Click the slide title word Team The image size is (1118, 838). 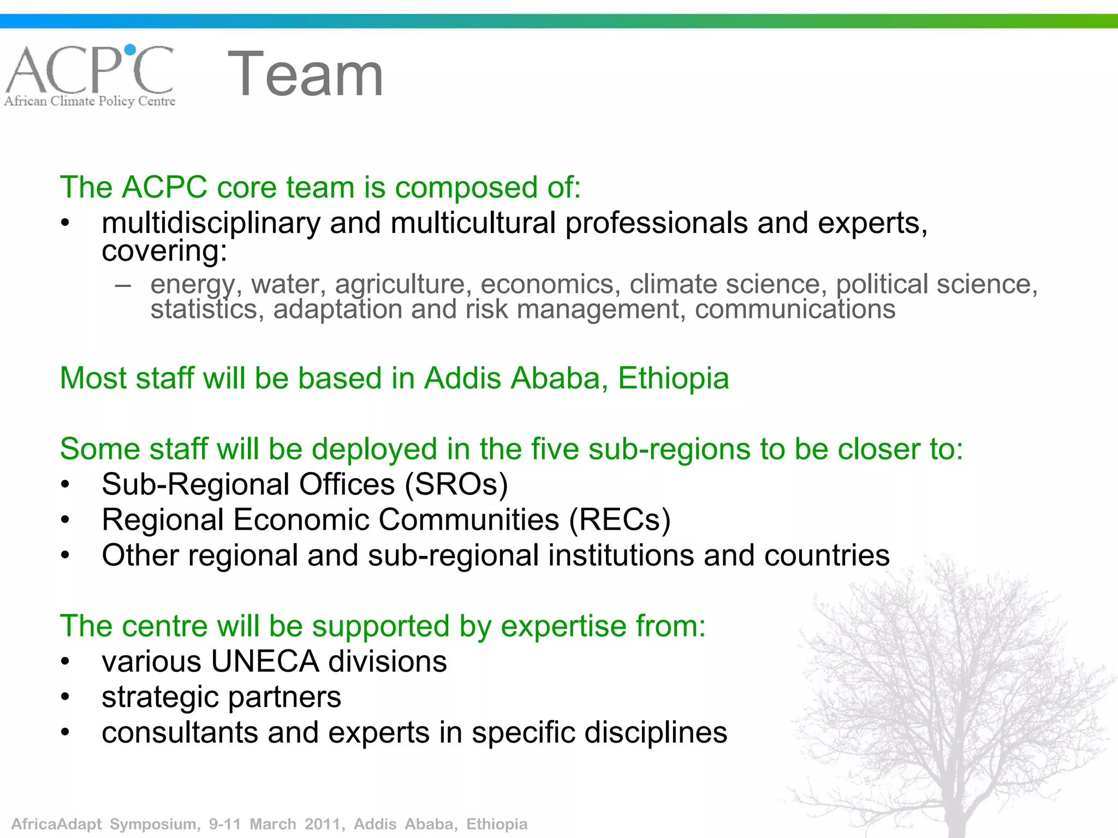[x=305, y=74]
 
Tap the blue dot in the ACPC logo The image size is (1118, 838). [x=130, y=50]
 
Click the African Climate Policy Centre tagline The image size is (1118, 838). [x=90, y=101]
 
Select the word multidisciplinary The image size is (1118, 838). [x=211, y=224]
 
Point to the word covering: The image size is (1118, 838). [x=164, y=252]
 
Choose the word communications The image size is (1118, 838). [x=795, y=309]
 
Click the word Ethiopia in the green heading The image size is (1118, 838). [x=673, y=378]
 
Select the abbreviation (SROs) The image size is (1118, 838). [x=456, y=484]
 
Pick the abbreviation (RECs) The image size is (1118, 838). [x=620, y=520]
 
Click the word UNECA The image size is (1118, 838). [x=265, y=662]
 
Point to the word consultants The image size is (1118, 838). [x=180, y=733]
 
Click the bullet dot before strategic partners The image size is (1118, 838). [x=66, y=697]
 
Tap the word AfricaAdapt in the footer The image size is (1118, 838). [x=57, y=824]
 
